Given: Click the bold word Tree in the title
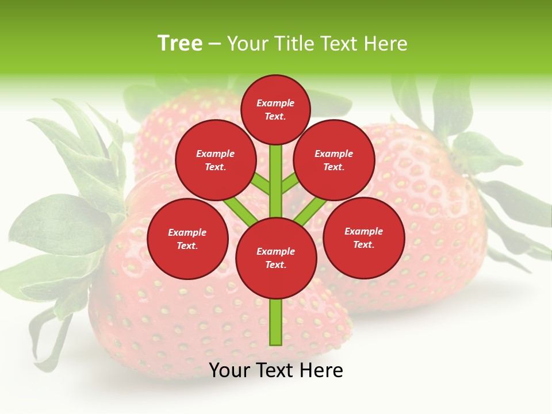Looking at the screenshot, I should [180, 44].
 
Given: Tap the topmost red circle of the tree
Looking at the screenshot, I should [275, 109].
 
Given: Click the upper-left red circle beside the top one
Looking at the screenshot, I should [216, 160].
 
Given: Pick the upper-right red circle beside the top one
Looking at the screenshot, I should [334, 160].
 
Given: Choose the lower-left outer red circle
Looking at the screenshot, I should [187, 239].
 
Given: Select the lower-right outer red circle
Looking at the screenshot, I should [364, 237].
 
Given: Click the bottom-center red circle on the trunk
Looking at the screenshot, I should [276, 258].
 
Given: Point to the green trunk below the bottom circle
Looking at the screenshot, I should [276, 322].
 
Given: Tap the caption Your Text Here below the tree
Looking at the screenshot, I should [276, 370].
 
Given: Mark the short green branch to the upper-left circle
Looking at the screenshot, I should [261, 185].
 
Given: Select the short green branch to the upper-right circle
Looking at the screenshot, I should [290, 184].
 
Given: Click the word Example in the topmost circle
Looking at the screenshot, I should [275, 103].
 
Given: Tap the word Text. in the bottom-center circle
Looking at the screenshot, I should [276, 264].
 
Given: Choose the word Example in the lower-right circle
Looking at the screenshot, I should [363, 231].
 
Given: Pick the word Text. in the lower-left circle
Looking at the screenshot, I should [187, 246].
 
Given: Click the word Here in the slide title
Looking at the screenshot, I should [386, 44].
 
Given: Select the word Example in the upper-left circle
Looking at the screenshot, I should [216, 154].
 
